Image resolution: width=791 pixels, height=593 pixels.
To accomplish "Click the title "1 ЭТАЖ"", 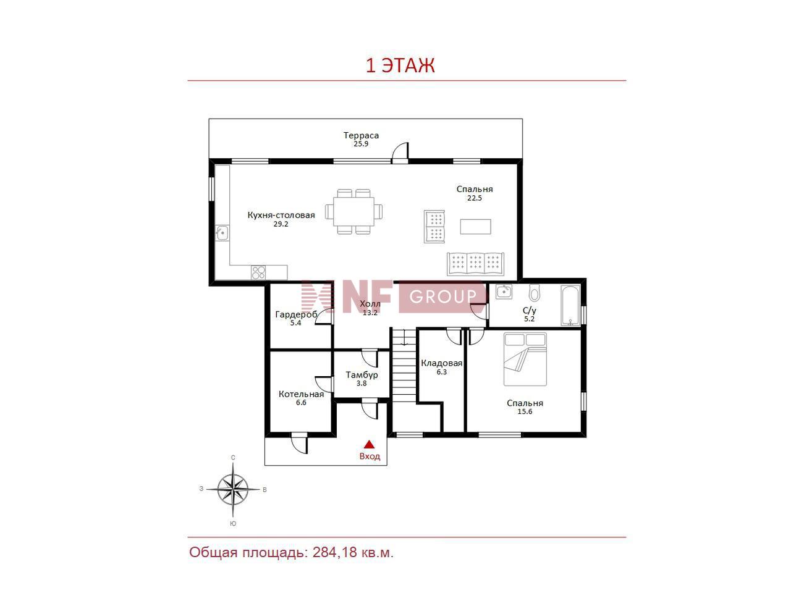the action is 400,66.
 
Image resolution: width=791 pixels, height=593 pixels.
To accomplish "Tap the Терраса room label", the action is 361,135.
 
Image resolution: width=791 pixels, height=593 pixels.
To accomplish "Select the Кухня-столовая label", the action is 281,215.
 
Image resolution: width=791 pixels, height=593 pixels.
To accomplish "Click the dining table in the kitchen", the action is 353,211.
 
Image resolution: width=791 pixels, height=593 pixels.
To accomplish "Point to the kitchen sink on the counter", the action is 222,233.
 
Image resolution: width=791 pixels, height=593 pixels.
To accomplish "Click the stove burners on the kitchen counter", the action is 258,272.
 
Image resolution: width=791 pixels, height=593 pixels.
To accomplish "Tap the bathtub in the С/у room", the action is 570,306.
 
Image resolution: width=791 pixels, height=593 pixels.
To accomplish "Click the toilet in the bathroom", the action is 535,292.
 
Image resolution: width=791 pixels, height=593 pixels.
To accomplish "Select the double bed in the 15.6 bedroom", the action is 525,359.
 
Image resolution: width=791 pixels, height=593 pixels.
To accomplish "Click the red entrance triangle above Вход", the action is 369,444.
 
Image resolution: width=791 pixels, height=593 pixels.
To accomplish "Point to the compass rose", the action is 233,490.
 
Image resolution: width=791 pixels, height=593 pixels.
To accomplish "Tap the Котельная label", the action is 302,394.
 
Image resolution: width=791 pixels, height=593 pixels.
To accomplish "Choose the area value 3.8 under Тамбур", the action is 362,384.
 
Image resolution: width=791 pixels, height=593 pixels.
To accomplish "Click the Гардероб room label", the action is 296,314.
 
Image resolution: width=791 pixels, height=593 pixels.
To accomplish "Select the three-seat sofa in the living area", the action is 475,264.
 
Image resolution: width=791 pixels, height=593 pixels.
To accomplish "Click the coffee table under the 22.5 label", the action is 475,227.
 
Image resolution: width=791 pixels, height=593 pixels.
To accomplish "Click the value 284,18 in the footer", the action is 335,552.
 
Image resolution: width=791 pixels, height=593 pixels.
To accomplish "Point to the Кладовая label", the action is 441,363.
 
